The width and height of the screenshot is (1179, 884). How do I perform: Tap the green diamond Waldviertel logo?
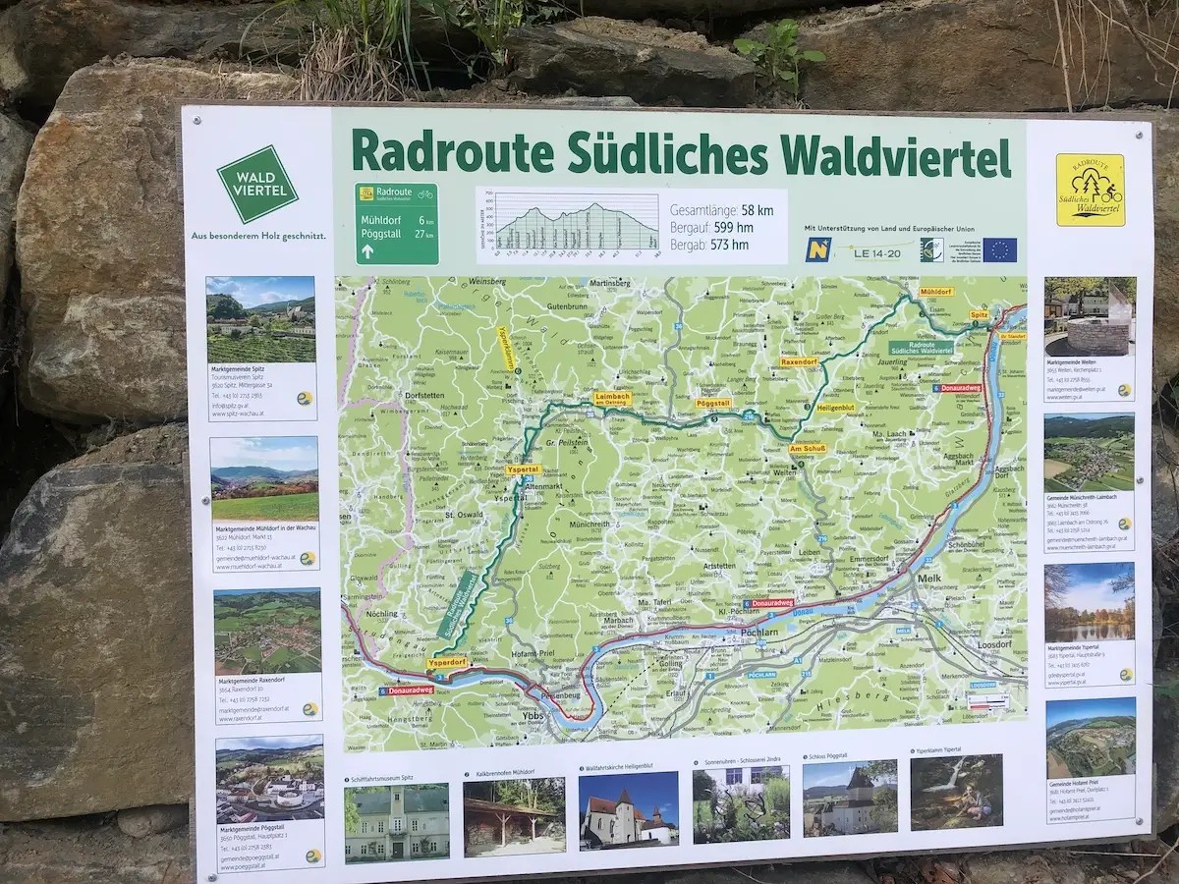coord(257,184)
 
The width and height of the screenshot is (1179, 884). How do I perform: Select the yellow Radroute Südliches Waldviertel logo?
coord(1090,189)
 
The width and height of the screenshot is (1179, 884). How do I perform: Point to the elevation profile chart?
coord(577,225)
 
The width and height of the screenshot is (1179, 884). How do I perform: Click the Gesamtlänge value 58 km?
coord(757,210)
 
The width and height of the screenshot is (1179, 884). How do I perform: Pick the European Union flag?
coord(1000,249)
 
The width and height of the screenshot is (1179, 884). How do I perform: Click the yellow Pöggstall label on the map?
coord(713,404)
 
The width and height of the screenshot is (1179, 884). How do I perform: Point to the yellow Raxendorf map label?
coord(799,361)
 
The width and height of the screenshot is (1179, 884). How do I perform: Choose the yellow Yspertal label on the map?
coord(522,470)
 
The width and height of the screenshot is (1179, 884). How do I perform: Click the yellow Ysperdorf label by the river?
coord(447,663)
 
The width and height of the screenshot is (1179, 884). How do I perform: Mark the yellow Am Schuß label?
coord(808,448)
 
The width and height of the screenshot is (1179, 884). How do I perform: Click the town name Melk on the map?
coord(928,579)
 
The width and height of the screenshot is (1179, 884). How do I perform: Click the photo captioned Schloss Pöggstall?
coord(849,800)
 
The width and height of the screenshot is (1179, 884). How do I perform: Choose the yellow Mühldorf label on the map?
coord(935,292)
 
